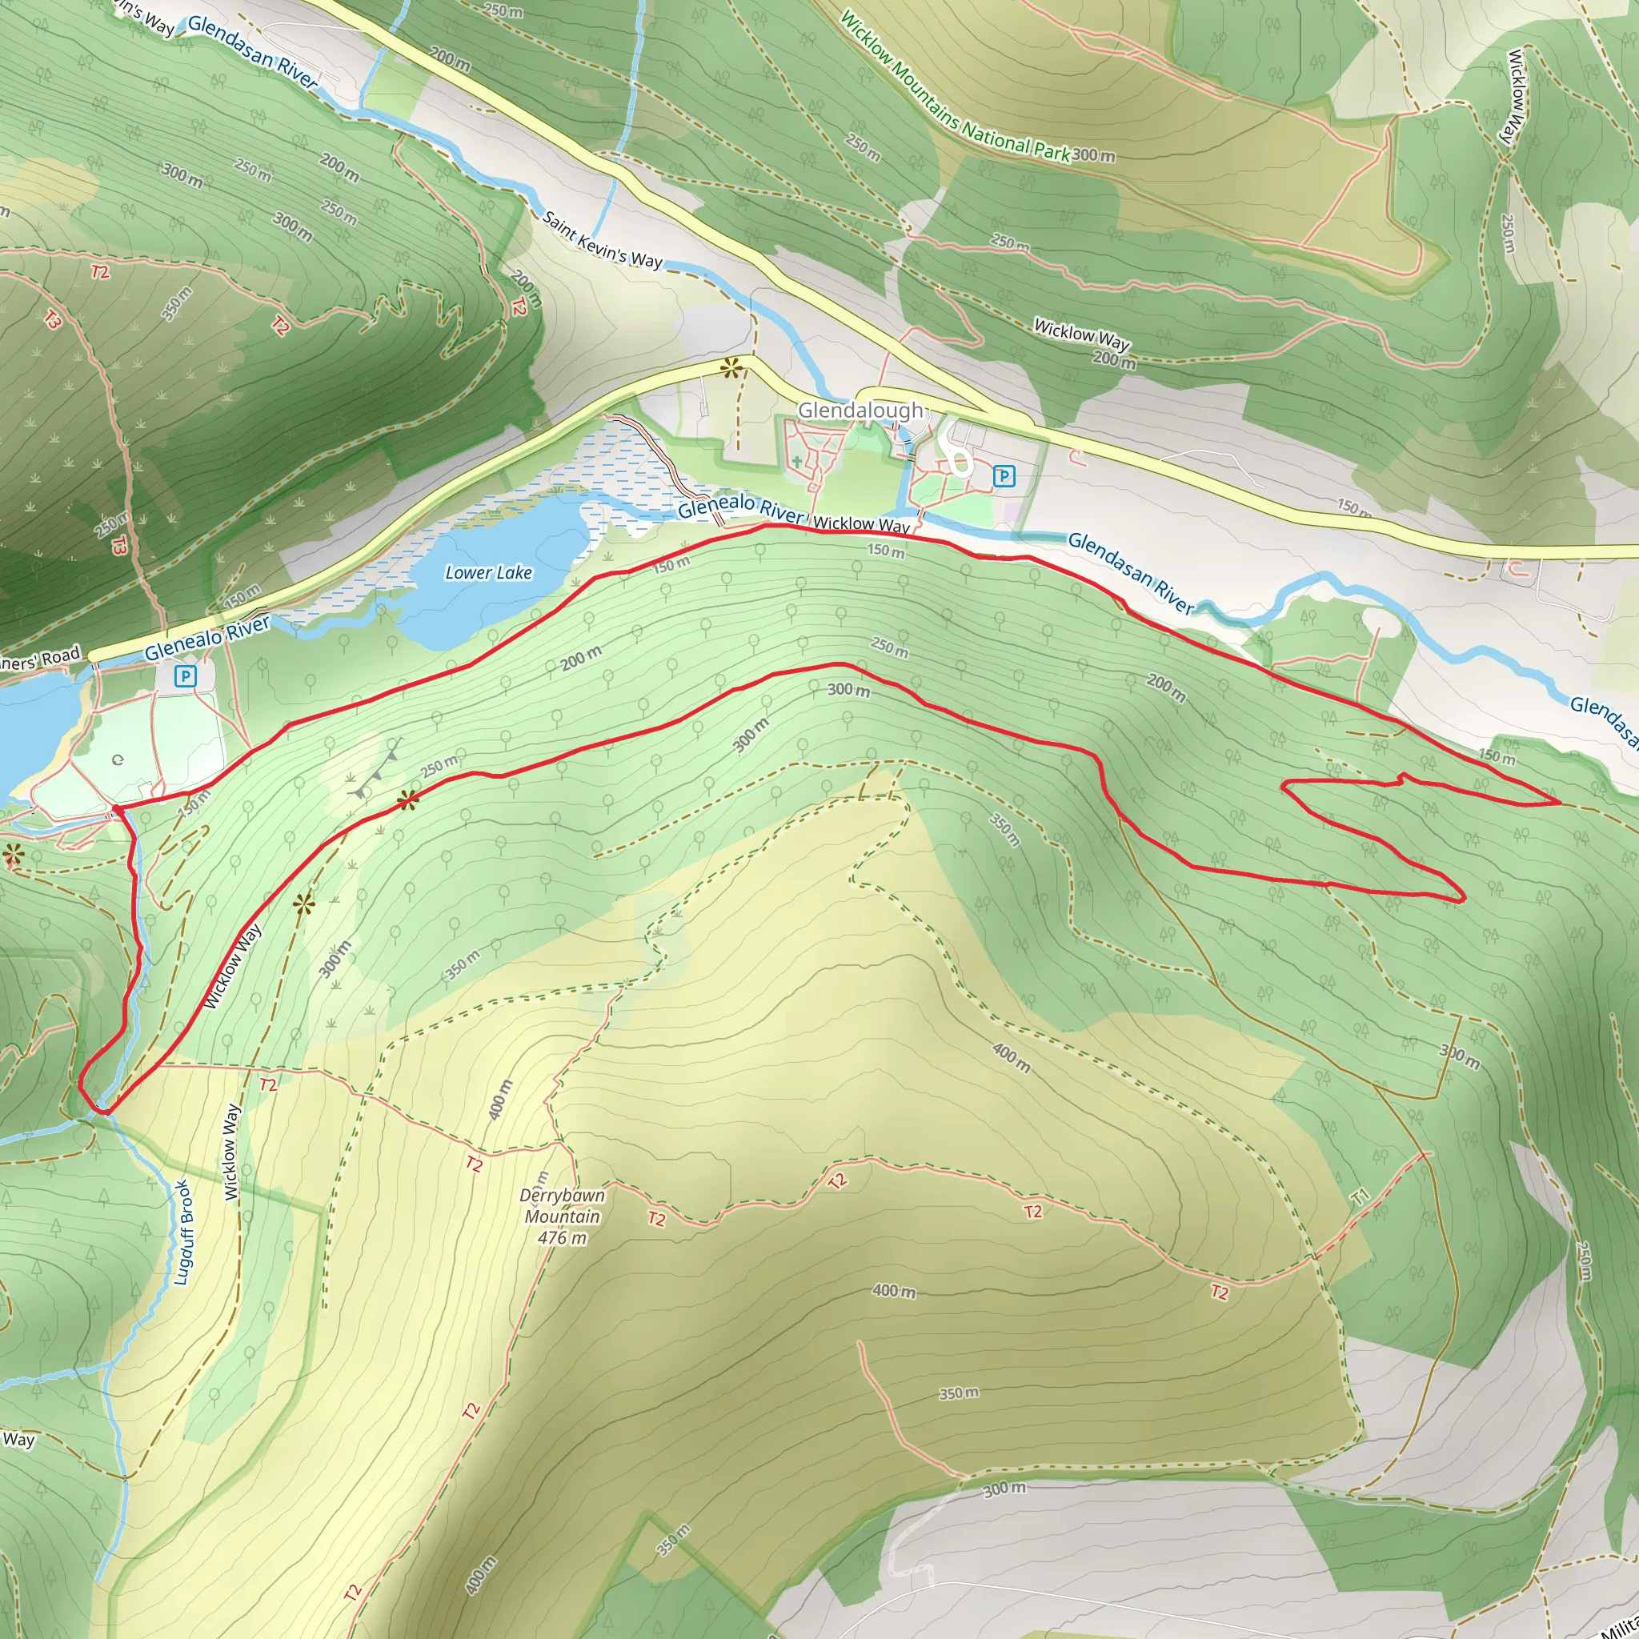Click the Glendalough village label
click(x=860, y=411)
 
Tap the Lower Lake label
click(x=489, y=573)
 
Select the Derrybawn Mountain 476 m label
click(x=563, y=1216)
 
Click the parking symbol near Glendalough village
click(x=1004, y=476)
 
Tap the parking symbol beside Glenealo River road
click(x=185, y=676)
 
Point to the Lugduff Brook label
click(x=184, y=1232)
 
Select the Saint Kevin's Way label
click(x=602, y=240)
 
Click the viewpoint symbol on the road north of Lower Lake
click(x=731, y=368)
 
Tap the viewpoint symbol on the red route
click(x=408, y=799)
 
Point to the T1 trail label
click(x=1360, y=1197)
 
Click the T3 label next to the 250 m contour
click(x=118, y=545)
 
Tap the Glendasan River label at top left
click(x=252, y=52)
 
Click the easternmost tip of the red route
click(x=1560, y=801)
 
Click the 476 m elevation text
click(x=563, y=1238)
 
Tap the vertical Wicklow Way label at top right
click(x=1516, y=97)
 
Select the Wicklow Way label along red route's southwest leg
click(x=232, y=967)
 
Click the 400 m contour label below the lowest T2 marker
click(x=894, y=1291)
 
